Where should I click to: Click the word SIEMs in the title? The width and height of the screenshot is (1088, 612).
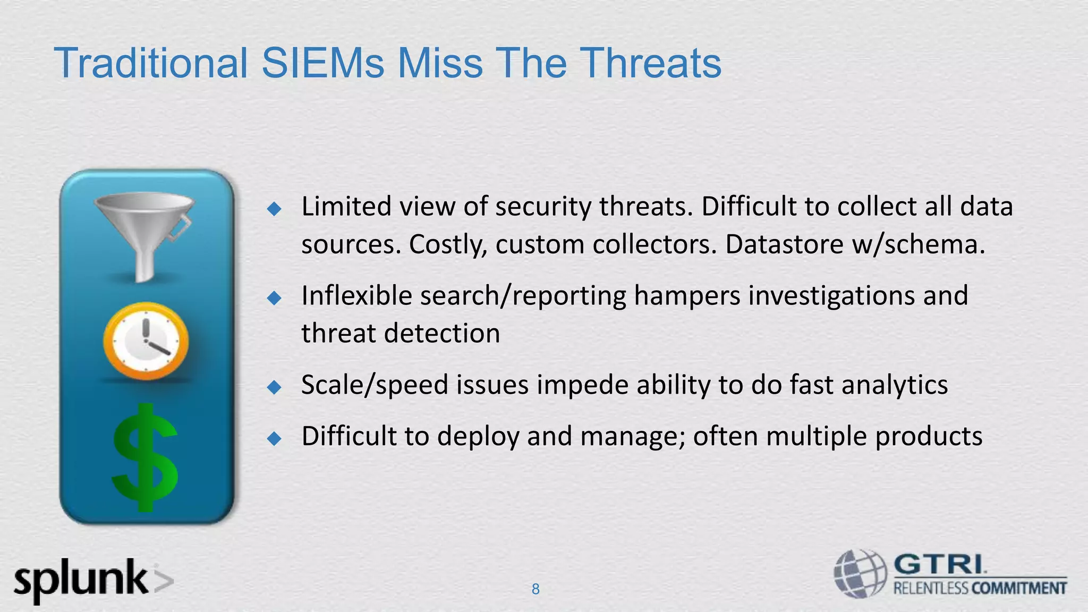coord(322,63)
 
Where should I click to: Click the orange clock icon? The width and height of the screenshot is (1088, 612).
coord(146,341)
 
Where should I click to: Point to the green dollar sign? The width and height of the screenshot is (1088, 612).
coord(144,457)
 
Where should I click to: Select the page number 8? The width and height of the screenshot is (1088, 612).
coord(535,589)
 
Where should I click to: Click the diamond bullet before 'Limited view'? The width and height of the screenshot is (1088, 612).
coord(274,209)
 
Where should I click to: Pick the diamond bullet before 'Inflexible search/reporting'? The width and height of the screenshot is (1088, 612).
coord(274,298)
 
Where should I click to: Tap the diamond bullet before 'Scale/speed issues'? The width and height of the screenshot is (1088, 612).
coord(274,387)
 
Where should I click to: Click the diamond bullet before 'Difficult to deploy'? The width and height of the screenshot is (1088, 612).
coord(274,439)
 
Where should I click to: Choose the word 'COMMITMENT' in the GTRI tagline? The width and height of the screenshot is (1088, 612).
coord(1019,588)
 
